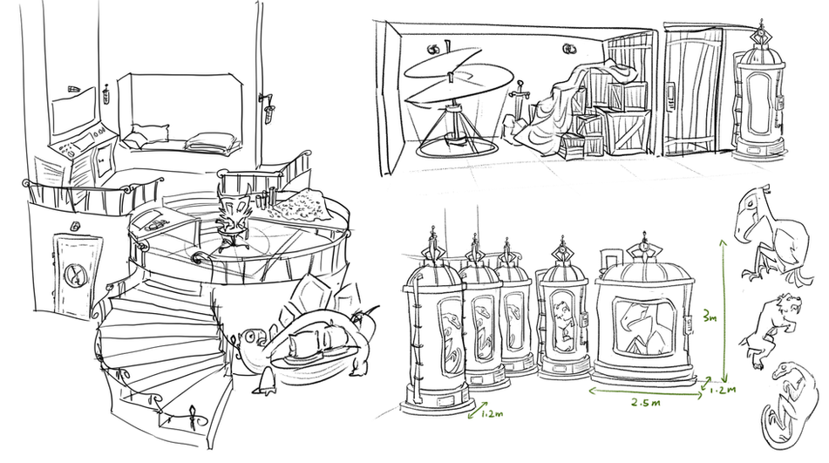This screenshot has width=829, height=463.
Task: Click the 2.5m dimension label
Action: (x=646, y=402)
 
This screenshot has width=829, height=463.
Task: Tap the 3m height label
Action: (x=710, y=317)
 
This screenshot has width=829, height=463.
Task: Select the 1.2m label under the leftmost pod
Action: (x=492, y=413)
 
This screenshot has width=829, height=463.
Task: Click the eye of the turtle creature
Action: (x=249, y=336)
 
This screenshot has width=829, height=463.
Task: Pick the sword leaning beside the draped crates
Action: (x=520, y=103)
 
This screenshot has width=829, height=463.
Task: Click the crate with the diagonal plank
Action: (x=628, y=131)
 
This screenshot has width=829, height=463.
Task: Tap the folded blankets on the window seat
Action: (x=212, y=141)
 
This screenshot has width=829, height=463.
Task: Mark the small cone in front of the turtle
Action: (x=265, y=381)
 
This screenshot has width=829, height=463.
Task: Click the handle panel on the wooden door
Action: (x=670, y=96)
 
